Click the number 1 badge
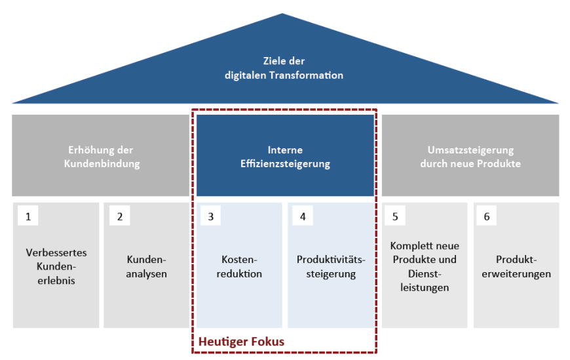28,216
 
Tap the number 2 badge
120,216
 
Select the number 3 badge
210,216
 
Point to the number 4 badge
303,216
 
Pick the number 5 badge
395,216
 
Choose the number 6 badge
486,216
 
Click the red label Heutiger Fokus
241,342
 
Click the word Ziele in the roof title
273,61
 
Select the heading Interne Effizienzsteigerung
286,157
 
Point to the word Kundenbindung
102,164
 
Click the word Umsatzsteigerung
471,150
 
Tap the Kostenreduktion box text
239,266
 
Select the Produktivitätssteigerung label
331,266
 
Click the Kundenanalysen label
147,266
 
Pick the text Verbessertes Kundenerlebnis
56,266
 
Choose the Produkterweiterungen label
516,266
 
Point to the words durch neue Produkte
470,164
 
